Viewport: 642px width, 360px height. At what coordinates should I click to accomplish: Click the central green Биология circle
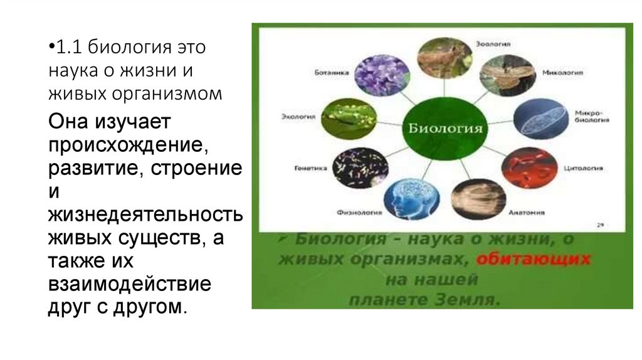[x=445, y=129]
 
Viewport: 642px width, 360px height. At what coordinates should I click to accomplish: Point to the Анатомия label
[x=526, y=212]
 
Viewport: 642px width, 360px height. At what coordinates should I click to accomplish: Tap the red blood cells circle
[x=529, y=168]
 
